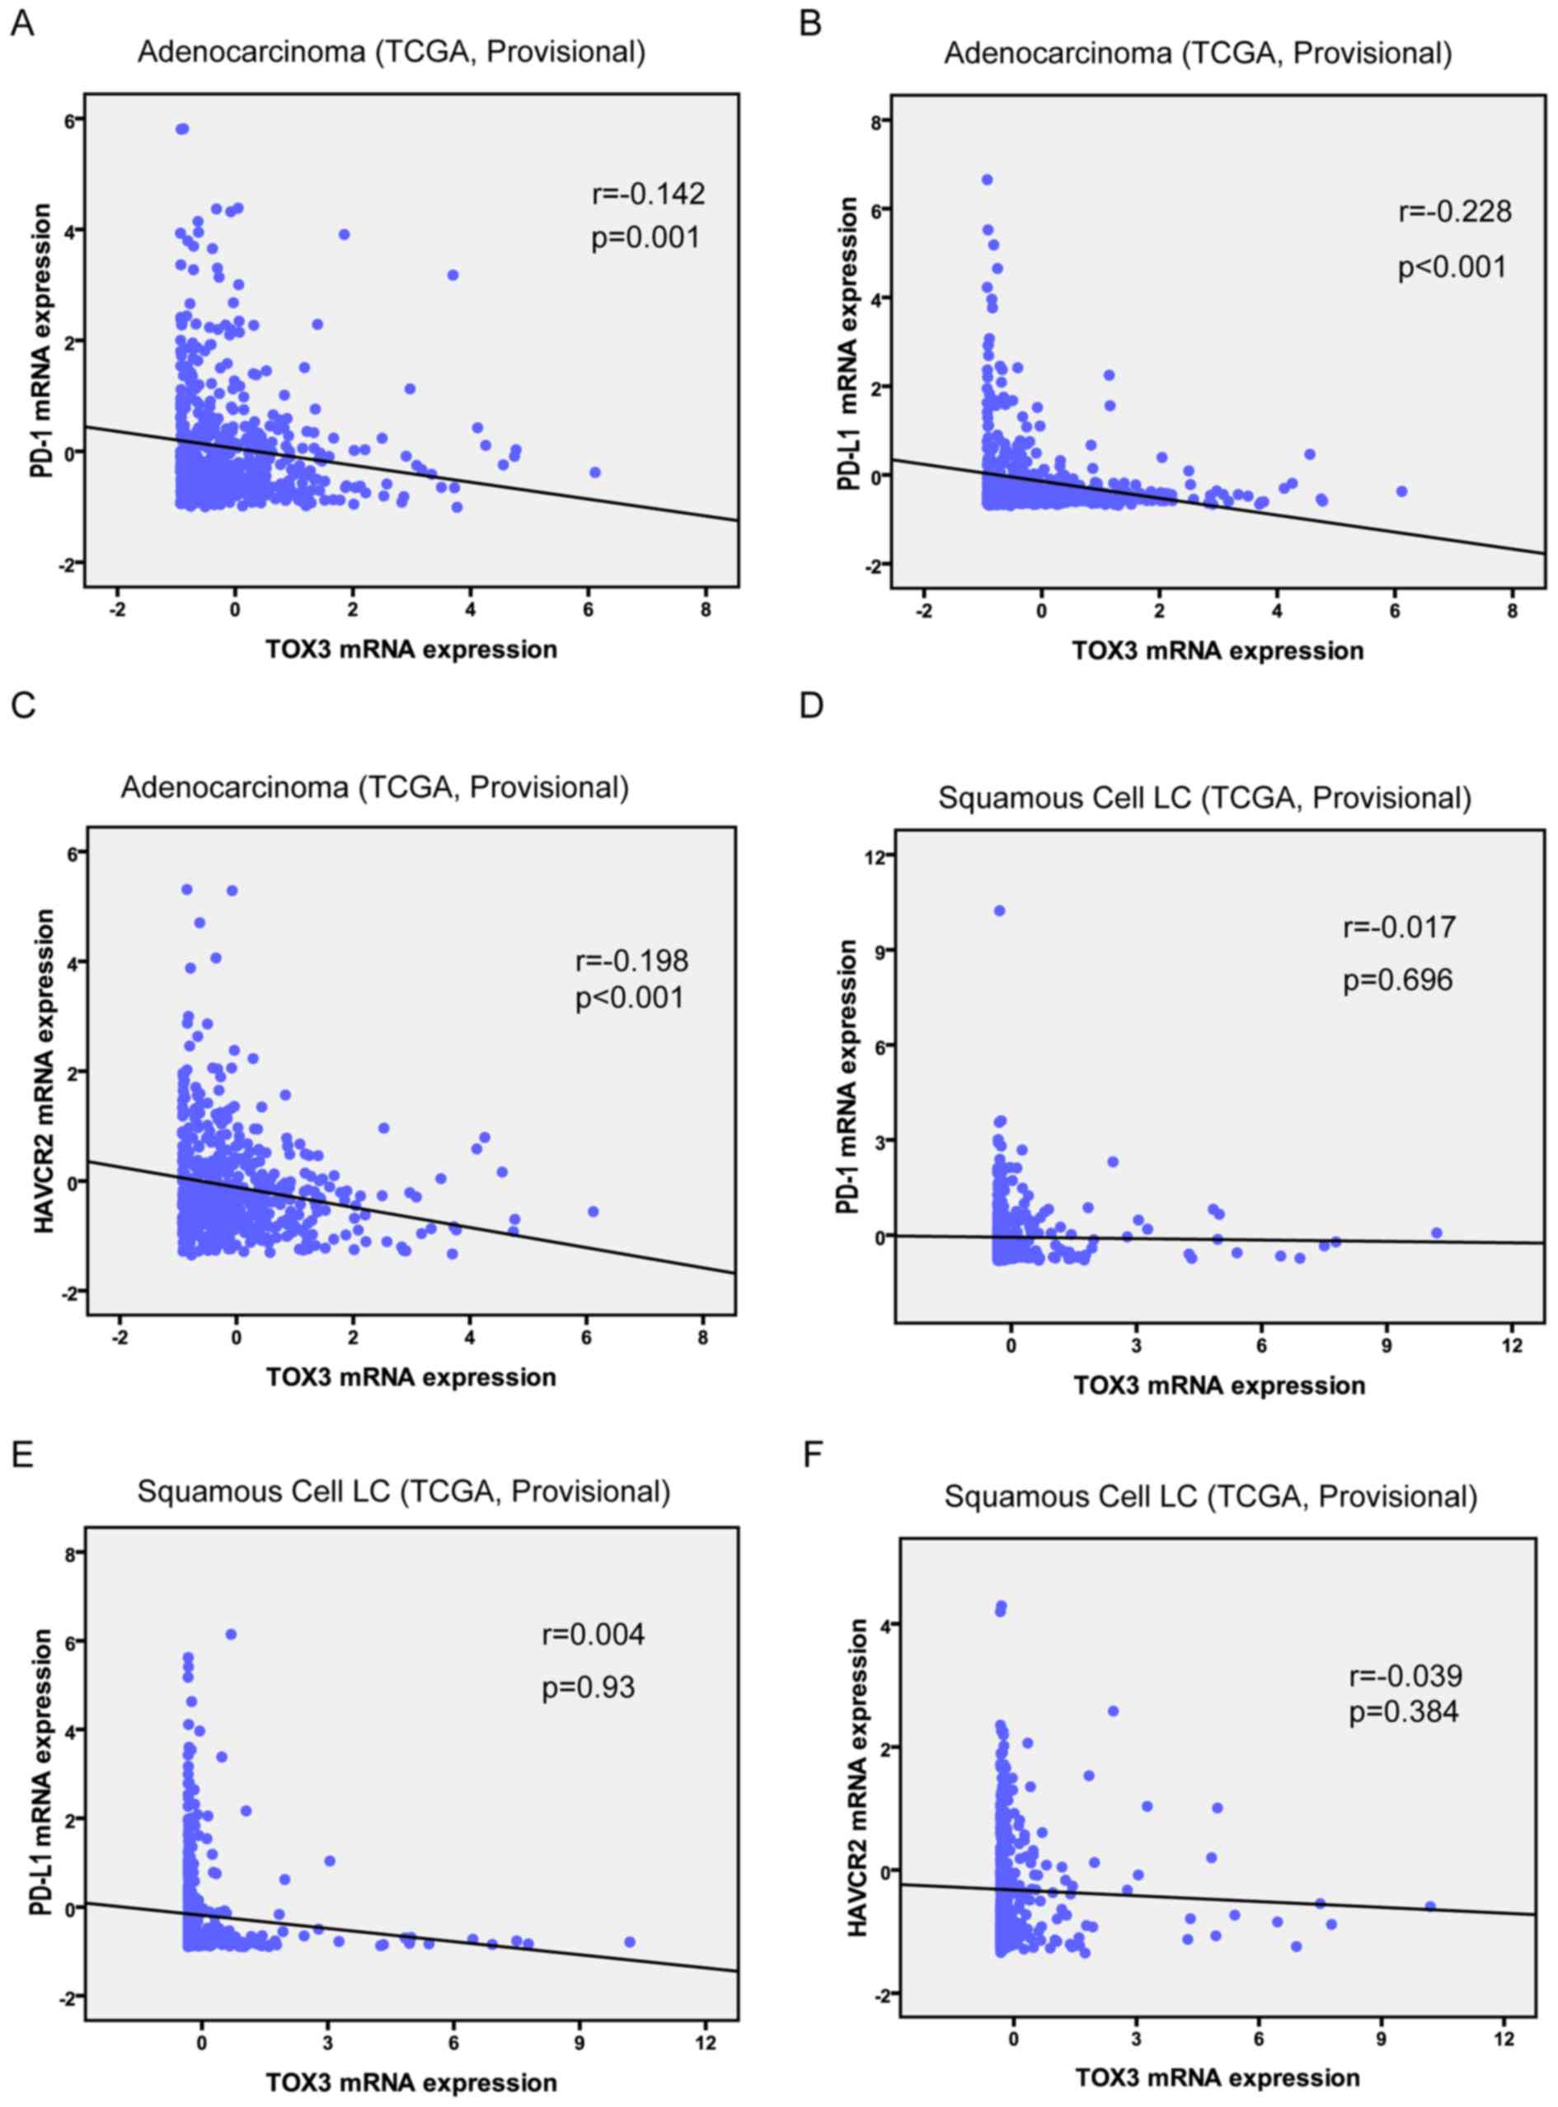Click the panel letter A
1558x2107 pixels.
(x=21, y=24)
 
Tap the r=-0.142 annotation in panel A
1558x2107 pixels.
(x=648, y=195)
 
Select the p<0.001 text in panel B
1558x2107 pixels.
(x=1452, y=268)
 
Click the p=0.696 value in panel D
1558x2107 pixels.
(x=1399, y=981)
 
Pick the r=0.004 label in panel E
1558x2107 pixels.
(x=594, y=1634)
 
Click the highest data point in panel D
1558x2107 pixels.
(x=1000, y=910)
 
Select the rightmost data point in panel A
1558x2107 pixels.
(x=595, y=472)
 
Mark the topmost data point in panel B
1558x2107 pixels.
(x=988, y=179)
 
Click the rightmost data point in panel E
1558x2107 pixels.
(x=630, y=1916)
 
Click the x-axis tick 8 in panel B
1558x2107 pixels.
(x=1512, y=610)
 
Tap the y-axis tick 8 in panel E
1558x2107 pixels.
(x=70, y=1552)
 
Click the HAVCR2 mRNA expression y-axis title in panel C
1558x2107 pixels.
(x=45, y=1072)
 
